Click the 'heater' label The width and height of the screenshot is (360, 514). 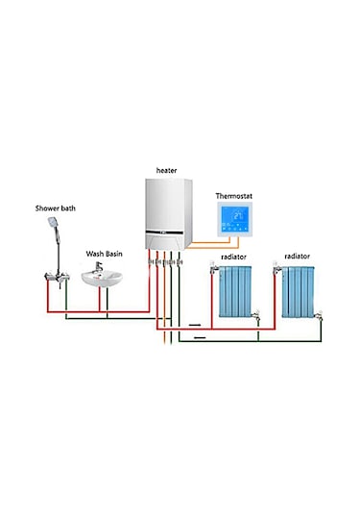click(167, 170)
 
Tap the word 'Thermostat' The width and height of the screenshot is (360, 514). click(233, 196)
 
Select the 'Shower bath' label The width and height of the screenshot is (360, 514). click(53, 207)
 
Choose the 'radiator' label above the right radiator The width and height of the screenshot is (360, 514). click(299, 257)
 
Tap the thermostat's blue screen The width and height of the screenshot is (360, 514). click(233, 223)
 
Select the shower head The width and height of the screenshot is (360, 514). click(51, 223)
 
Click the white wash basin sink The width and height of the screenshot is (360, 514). click(103, 279)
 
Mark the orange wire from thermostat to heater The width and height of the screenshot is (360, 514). click(206, 254)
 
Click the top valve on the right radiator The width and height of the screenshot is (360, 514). click(278, 272)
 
